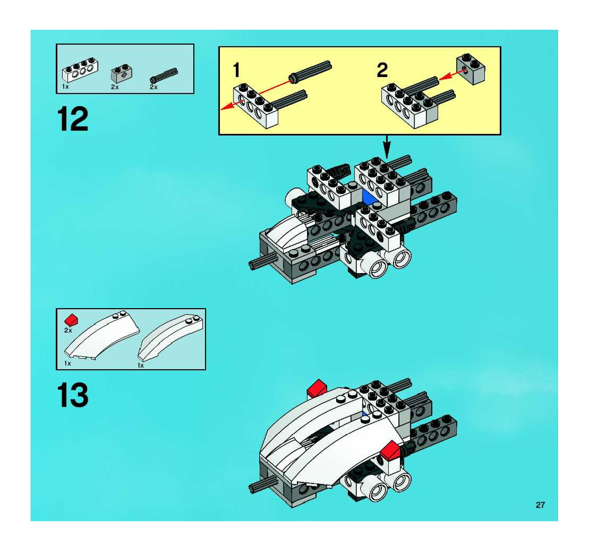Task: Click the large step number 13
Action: point(73,395)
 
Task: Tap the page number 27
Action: point(540,505)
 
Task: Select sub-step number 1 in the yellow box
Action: point(236,70)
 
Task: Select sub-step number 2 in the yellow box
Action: point(382,70)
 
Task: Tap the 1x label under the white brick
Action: point(66,87)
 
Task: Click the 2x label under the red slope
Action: point(68,330)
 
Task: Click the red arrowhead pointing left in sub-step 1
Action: point(226,107)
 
